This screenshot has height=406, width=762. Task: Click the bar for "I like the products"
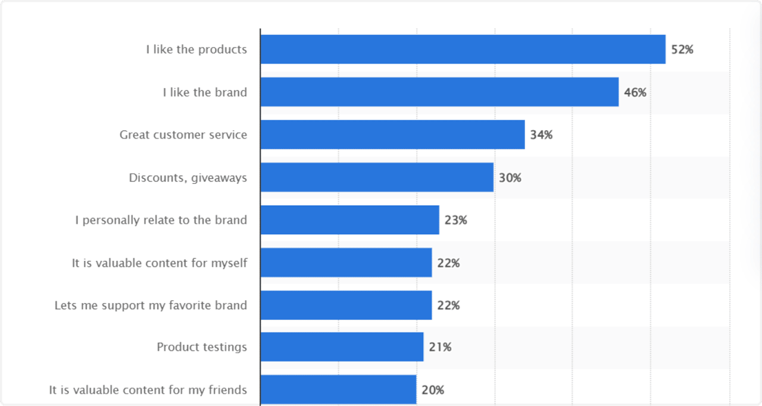click(x=463, y=49)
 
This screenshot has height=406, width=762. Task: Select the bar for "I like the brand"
click(x=439, y=92)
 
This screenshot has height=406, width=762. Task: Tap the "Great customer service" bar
click(x=392, y=135)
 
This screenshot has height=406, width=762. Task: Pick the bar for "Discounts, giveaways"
click(x=377, y=177)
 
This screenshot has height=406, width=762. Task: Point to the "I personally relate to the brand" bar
click(x=349, y=220)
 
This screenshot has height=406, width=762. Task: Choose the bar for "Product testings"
click(x=342, y=347)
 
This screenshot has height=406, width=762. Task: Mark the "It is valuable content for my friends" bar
click(x=338, y=390)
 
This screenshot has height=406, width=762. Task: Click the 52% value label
click(x=682, y=50)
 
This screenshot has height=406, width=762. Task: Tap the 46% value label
click(x=635, y=93)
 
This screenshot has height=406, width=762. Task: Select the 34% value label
click(x=541, y=135)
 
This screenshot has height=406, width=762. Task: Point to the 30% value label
click(x=510, y=178)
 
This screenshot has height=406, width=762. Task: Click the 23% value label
click(x=456, y=221)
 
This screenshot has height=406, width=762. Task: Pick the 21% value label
click(x=440, y=347)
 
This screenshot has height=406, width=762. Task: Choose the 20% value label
click(x=433, y=391)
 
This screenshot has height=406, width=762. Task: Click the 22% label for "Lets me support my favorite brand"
click(x=448, y=306)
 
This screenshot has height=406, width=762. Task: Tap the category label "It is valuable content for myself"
click(x=160, y=263)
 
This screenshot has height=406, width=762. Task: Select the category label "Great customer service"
click(x=183, y=135)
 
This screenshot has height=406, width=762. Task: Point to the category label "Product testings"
click(x=202, y=347)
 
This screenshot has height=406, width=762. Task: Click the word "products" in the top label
click(x=223, y=50)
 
